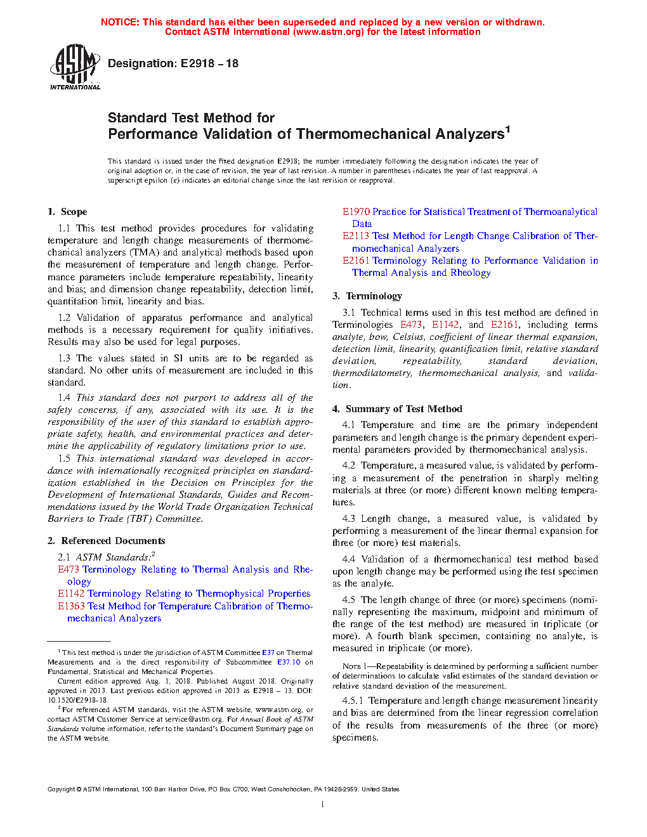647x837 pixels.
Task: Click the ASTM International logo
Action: click(x=75, y=67)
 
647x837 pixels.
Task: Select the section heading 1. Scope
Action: click(x=67, y=212)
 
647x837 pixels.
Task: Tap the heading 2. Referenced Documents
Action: click(x=107, y=541)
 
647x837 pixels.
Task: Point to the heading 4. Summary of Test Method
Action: click(x=397, y=409)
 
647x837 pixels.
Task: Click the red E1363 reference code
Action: click(x=71, y=606)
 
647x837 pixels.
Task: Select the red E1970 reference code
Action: click(x=356, y=212)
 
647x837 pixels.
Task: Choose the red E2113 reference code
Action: click(x=356, y=236)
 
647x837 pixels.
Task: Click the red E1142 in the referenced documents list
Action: click(x=71, y=594)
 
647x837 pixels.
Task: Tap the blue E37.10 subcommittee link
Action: click(x=289, y=662)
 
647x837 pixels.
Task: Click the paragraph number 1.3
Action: click(x=64, y=358)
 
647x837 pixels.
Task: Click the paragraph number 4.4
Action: click(x=348, y=559)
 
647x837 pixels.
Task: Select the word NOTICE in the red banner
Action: click(x=120, y=22)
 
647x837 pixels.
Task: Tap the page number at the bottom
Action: click(x=323, y=805)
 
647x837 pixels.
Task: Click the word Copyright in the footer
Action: click(x=61, y=789)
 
